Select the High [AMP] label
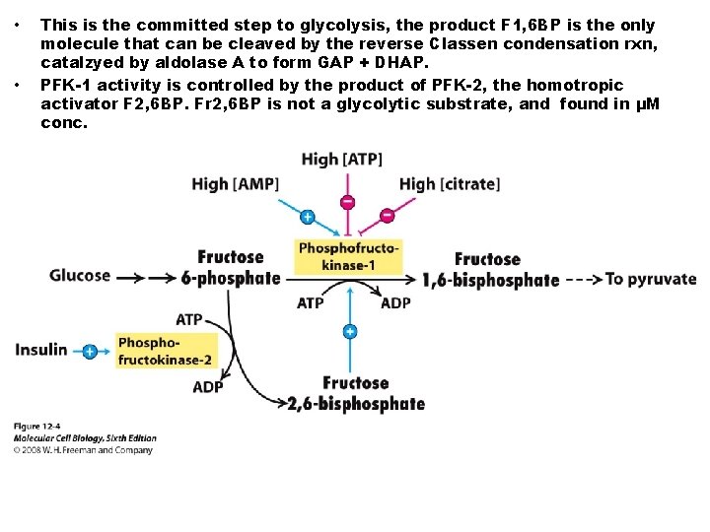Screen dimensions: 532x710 (236, 184)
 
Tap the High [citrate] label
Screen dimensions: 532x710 (449, 184)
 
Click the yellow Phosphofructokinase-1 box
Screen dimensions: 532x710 (348, 257)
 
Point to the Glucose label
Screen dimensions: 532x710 (80, 276)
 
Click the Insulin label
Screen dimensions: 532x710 (41, 350)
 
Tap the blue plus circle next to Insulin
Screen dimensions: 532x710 (90, 351)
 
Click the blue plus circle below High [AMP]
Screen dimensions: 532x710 (308, 216)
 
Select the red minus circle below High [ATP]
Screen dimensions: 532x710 (348, 202)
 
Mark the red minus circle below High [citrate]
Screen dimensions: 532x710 (387, 216)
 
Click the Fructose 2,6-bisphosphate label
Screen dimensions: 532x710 (355, 393)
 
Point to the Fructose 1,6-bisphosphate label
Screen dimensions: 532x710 (490, 270)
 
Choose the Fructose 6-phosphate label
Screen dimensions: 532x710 (232, 268)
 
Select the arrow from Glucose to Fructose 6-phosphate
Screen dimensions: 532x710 (145, 278)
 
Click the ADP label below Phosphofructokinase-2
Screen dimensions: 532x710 (208, 387)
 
